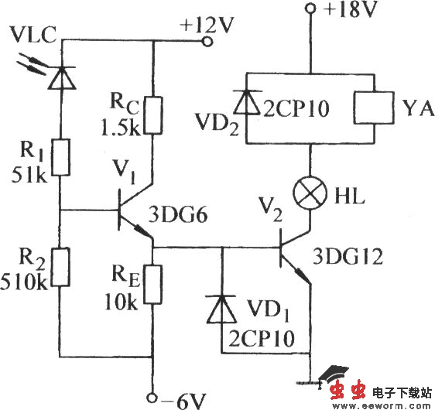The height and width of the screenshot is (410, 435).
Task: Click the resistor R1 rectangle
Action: [59, 159]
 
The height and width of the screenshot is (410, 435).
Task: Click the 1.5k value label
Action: [117, 126]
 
